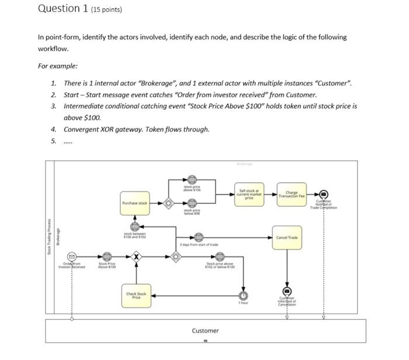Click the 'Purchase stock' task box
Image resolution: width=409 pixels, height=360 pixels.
point(134,203)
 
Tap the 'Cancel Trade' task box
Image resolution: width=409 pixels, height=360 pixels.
point(286,237)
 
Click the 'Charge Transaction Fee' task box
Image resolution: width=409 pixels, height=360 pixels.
point(290,195)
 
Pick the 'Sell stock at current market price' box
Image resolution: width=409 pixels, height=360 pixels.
point(249,193)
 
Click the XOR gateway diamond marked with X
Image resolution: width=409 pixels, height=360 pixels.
point(136,257)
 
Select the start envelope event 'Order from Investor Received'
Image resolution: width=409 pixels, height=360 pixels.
point(72,257)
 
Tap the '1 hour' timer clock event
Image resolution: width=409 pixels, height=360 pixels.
point(243,295)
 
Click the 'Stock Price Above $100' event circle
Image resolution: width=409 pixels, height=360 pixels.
point(106,257)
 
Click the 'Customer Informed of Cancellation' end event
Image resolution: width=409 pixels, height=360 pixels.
point(287,291)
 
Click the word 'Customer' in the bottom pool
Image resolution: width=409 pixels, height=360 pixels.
point(205,331)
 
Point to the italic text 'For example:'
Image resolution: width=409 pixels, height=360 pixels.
point(57,66)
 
